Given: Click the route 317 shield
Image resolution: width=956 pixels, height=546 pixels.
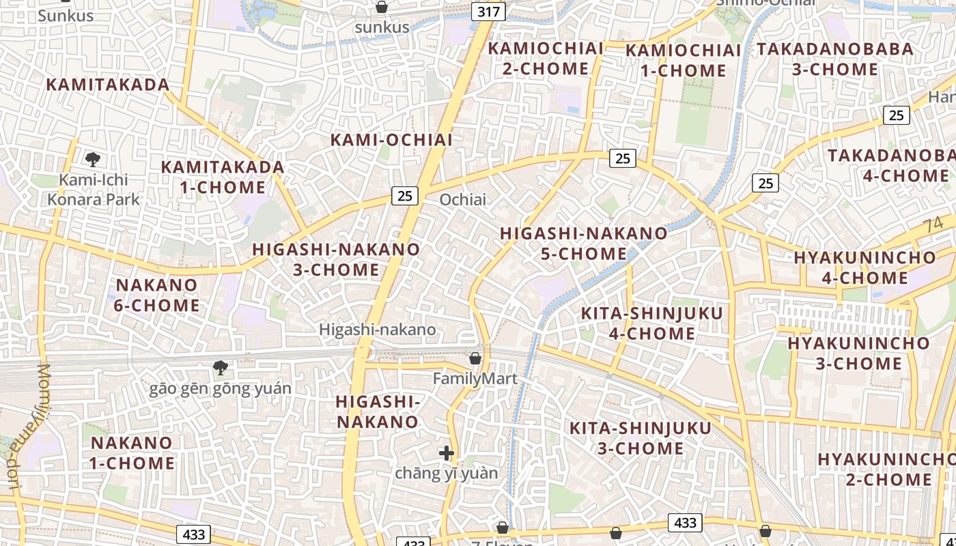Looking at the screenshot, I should click(x=488, y=11).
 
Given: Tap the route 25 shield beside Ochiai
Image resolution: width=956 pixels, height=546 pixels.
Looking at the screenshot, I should click(x=405, y=196).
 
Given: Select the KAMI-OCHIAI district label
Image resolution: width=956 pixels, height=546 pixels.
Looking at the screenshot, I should click(x=391, y=140).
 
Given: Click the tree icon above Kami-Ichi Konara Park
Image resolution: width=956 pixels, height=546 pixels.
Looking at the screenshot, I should click(x=93, y=160).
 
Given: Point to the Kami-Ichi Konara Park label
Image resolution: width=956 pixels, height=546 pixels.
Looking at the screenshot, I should click(x=93, y=190).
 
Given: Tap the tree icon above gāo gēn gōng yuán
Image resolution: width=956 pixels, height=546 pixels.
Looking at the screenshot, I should click(x=220, y=368).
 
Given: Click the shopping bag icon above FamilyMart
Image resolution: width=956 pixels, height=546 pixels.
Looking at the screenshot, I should click(x=475, y=358).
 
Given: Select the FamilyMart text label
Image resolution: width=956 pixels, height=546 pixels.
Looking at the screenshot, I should click(x=475, y=378).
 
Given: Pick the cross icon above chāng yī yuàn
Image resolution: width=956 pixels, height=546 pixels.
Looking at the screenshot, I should click(x=447, y=452).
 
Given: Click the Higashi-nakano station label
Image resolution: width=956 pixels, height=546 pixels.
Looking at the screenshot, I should click(x=377, y=330).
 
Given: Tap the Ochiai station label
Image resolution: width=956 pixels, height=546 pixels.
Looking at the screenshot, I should click(x=463, y=199).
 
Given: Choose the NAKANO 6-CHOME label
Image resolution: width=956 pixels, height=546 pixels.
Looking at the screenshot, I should click(x=156, y=295).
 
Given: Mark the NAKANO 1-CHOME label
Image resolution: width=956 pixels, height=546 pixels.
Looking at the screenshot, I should click(x=132, y=452).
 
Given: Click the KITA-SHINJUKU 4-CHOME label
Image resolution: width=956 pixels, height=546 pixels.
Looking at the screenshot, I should click(x=651, y=324).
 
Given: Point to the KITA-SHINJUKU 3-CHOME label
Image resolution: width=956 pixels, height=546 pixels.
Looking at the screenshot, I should click(x=641, y=438).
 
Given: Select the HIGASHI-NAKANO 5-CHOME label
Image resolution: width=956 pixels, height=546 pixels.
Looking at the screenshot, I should click(x=584, y=243).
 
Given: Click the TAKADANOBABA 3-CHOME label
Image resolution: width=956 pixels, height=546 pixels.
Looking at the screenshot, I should click(x=835, y=59).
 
